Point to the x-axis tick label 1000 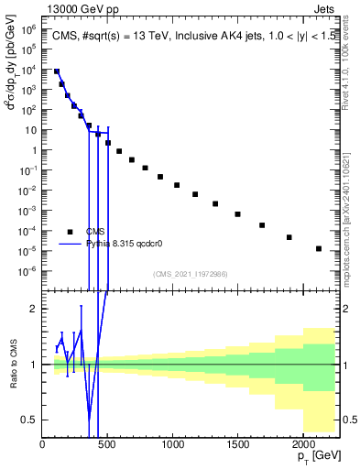point(172,444)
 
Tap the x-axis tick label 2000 point(302,444)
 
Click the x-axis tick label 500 point(107,444)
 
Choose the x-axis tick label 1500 point(237,444)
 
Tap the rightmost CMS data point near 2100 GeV point(318,248)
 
